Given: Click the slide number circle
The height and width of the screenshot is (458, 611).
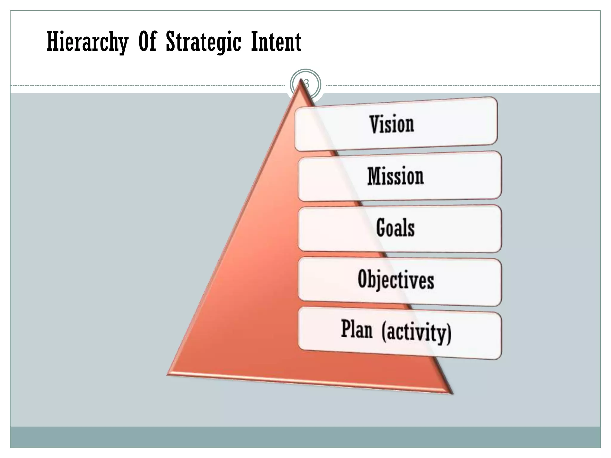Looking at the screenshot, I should (305, 84).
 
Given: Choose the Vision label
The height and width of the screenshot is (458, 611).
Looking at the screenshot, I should (392, 124).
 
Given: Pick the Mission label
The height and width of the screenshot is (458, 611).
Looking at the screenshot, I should (395, 176).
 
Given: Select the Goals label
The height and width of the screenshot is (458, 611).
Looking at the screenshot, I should (395, 228).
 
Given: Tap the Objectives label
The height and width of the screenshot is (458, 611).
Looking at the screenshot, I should (396, 279).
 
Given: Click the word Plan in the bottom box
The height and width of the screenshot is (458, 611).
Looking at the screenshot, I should (357, 329).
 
